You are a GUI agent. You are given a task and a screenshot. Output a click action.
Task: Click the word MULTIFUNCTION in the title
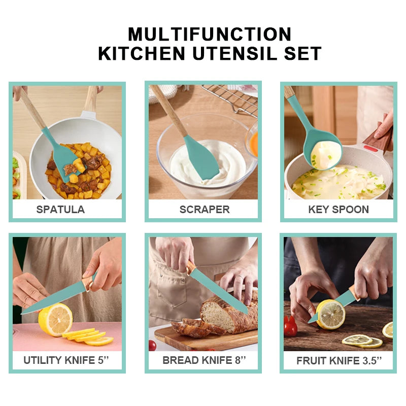pos(210,34)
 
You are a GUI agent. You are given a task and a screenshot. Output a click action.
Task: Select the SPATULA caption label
pos(60,209)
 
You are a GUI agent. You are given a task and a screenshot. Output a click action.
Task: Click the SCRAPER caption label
pos(205,209)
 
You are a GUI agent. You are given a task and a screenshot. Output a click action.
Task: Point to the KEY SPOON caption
pos(339,210)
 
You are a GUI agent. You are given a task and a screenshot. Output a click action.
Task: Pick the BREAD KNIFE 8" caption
pos(204,361)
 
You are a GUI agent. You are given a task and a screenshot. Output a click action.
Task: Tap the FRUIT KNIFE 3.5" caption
pos(339,361)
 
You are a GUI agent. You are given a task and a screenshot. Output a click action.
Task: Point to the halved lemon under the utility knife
pos(55,319)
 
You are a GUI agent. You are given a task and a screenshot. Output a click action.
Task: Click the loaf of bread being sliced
pos(228,314)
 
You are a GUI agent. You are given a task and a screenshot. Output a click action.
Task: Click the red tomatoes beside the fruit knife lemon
pos(290,326)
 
